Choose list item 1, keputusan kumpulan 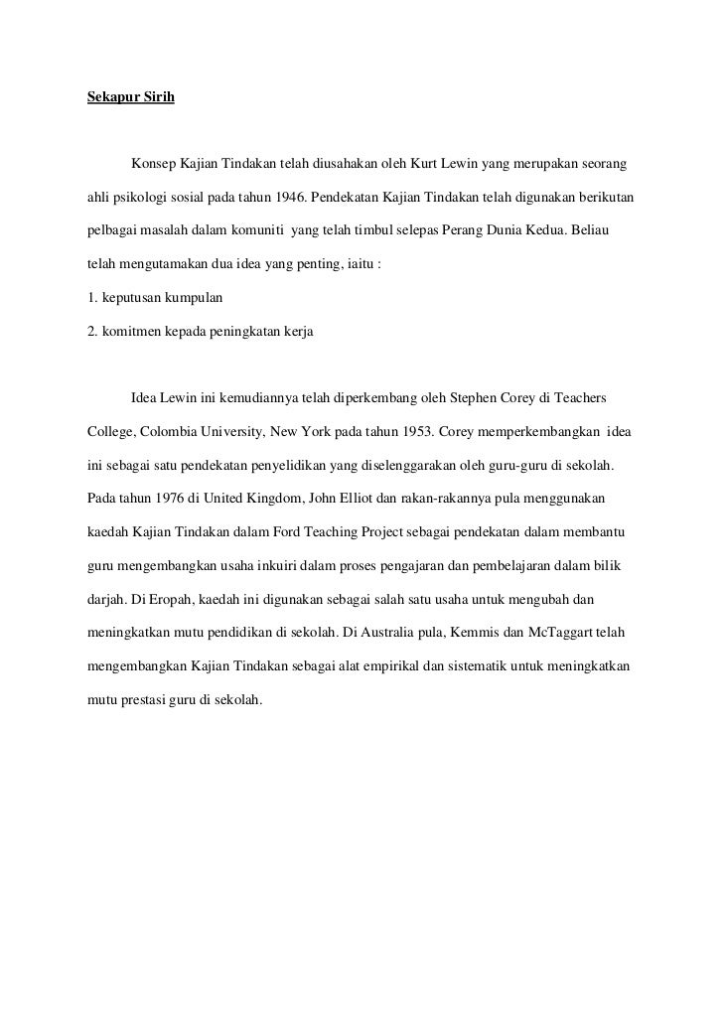pos(154,297)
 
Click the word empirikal pos(376,668)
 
